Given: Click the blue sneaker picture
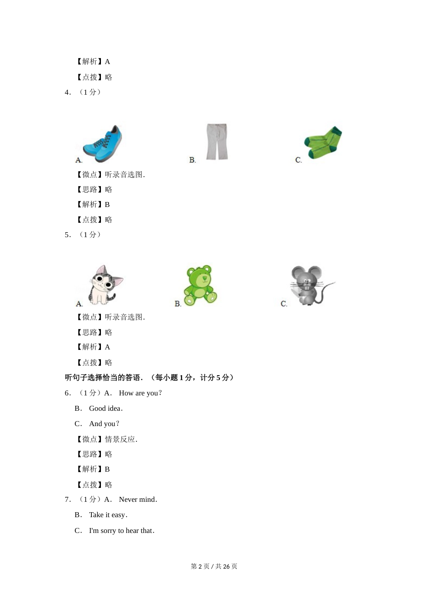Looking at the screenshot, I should tap(103, 144).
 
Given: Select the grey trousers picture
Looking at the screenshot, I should tap(217, 142).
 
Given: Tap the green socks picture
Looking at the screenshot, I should tap(323, 142).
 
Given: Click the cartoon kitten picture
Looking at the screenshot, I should tap(105, 285).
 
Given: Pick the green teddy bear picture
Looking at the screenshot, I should tap(200, 285).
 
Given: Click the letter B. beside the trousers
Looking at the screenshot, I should tap(192, 160).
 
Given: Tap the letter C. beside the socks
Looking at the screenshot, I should tap(298, 160).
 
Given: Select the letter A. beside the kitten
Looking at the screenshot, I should tap(79, 304).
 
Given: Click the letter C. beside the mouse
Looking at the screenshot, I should tap(284, 304).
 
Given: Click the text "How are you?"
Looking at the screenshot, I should tap(140, 393).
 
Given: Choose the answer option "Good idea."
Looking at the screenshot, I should tap(106, 409).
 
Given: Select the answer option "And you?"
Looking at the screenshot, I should tap(104, 424).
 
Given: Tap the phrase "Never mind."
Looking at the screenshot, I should tap(138, 500).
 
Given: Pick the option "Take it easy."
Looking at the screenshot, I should tap(108, 515).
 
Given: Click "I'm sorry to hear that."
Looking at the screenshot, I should tap(122, 531).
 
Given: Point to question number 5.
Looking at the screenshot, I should tap(68, 235).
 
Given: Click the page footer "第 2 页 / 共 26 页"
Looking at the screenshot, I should tap(214, 566).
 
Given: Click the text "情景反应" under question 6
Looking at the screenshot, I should tap(120, 439).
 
